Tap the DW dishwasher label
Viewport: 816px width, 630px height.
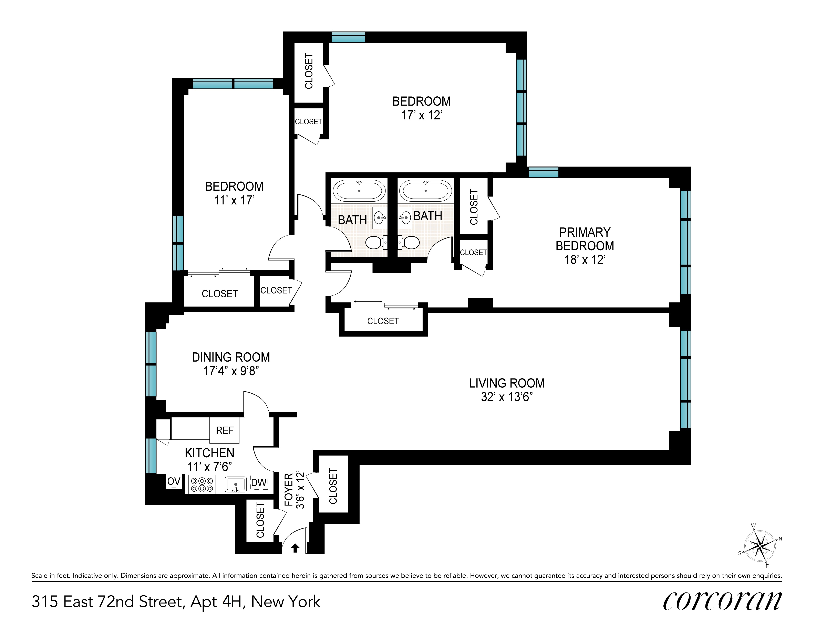(x=259, y=483)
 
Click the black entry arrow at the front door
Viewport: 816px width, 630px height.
(x=295, y=548)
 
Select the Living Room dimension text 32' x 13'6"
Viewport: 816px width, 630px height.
(x=507, y=397)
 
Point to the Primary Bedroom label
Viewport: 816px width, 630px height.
(x=585, y=239)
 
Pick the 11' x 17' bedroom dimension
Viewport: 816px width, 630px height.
(x=234, y=200)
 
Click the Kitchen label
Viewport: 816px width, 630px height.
(x=210, y=453)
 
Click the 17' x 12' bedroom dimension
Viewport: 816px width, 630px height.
(x=421, y=115)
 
